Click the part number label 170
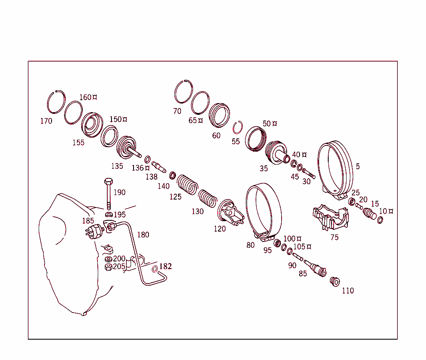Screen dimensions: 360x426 pyautogui.click(x=46, y=121)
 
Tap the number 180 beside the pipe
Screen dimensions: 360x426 pyautogui.click(x=143, y=235)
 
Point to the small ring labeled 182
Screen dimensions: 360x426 pyautogui.click(x=155, y=269)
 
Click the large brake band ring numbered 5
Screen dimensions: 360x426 pyautogui.click(x=336, y=166)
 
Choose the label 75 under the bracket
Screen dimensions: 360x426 pyautogui.click(x=334, y=237)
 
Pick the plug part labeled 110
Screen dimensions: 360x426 pyautogui.click(x=334, y=281)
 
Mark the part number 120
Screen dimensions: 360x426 pyautogui.click(x=220, y=229)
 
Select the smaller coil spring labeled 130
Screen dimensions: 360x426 pyautogui.click(x=207, y=197)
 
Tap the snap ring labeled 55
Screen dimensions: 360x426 pyautogui.click(x=238, y=127)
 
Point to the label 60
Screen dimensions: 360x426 pyautogui.click(x=216, y=136)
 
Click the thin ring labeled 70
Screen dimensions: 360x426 pyautogui.click(x=183, y=92)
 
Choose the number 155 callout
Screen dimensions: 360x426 pyautogui.click(x=78, y=143)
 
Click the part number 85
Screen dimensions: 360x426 pyautogui.click(x=303, y=274)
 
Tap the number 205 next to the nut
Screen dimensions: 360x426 pyautogui.click(x=119, y=266)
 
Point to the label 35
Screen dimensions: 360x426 pyautogui.click(x=264, y=169)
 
